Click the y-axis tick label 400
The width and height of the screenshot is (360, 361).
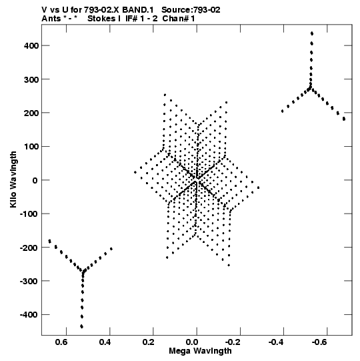[31, 45]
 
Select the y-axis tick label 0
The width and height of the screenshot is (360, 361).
[35, 180]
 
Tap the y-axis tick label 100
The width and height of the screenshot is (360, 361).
[31, 146]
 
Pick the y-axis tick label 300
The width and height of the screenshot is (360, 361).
[31, 79]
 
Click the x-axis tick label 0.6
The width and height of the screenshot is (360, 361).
[61, 342]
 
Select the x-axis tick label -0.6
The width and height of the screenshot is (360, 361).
[319, 342]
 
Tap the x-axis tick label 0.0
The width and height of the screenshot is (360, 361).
[192, 342]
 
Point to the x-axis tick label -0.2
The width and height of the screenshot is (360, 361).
[232, 342]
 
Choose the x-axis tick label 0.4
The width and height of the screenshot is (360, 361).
[105, 342]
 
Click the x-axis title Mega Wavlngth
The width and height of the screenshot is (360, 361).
[200, 351]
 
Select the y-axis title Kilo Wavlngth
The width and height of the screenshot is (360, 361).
[13, 179]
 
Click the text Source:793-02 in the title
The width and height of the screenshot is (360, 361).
[191, 10]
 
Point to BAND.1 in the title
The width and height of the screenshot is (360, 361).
[138, 10]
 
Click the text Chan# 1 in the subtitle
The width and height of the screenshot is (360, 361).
[179, 19]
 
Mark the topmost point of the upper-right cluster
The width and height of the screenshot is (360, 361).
[312, 33]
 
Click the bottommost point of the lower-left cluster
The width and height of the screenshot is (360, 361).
[81, 326]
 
